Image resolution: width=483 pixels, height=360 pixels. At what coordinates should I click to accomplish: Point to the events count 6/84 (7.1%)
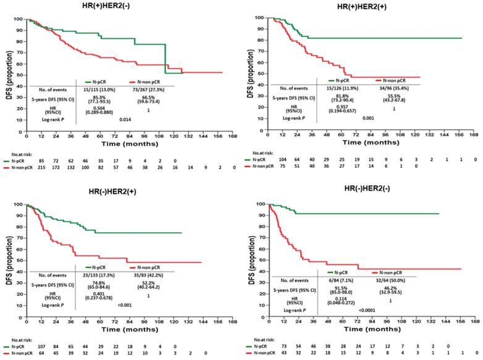point(345,278)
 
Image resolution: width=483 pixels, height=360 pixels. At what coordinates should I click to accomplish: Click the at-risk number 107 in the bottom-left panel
point(40,349)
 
